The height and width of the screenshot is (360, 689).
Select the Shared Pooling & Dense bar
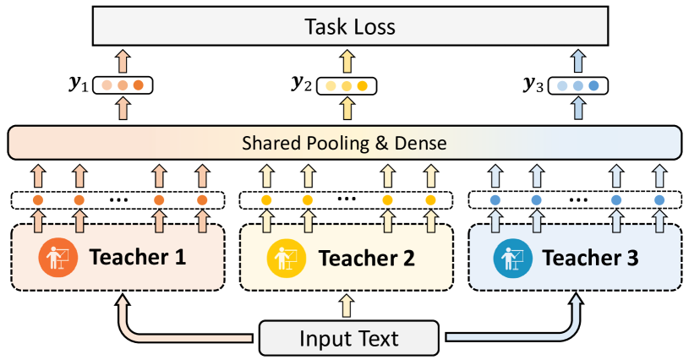click(x=343, y=143)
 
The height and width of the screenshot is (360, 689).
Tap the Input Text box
click(x=349, y=339)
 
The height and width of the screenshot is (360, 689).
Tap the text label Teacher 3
click(x=592, y=257)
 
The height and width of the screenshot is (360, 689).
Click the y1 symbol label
click(x=79, y=85)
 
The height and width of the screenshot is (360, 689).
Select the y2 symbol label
click(x=302, y=85)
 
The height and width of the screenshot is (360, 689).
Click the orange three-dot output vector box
click(x=123, y=85)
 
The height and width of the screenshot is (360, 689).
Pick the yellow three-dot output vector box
click(x=347, y=85)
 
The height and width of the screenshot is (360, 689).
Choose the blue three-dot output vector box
click(x=577, y=85)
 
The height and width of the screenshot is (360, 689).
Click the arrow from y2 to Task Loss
click(x=347, y=62)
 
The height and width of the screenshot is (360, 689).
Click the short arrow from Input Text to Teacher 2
click(x=347, y=305)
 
